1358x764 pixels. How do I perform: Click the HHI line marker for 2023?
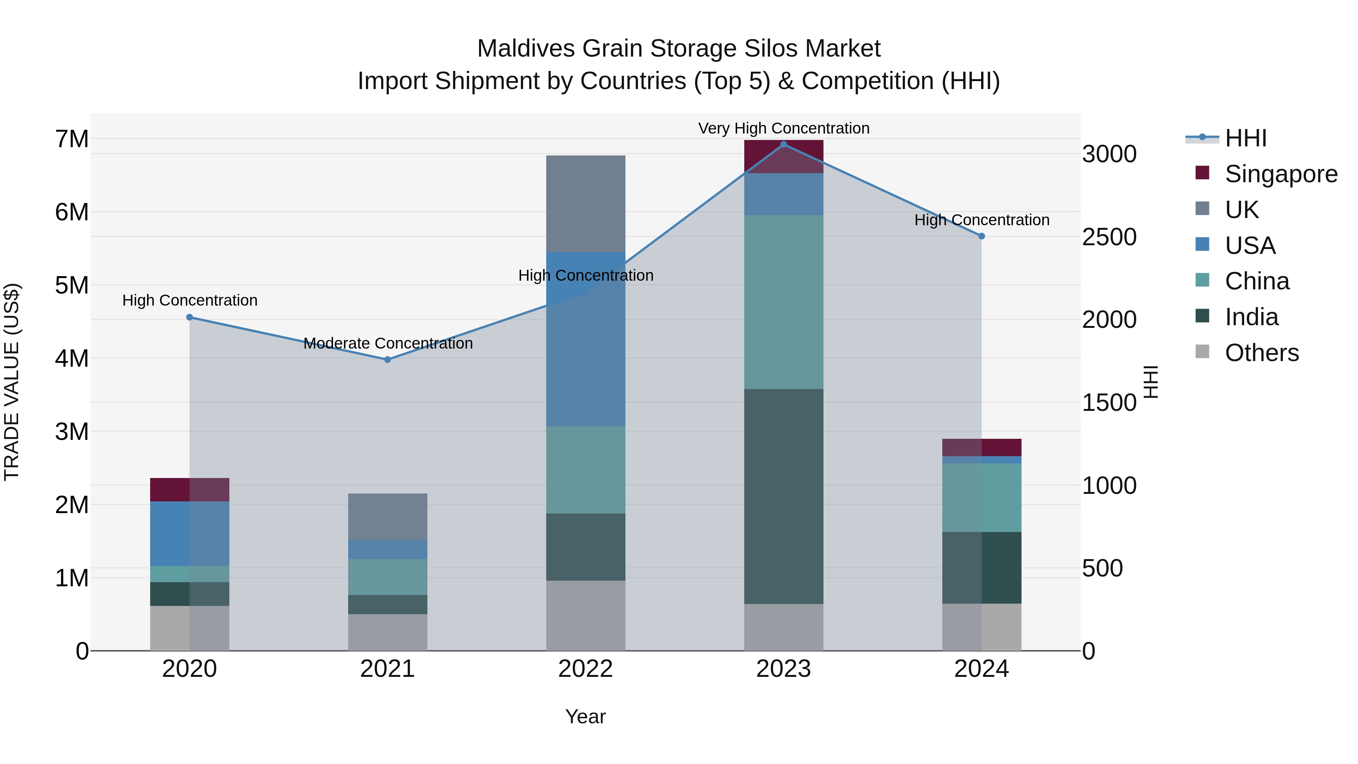point(783,144)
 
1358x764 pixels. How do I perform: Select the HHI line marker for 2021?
point(387,360)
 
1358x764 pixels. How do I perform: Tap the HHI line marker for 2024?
point(982,236)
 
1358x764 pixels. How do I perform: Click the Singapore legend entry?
point(1281,174)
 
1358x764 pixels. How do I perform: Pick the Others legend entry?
point(1261,353)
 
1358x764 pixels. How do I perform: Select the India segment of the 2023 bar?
point(783,496)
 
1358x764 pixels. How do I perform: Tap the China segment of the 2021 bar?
point(387,577)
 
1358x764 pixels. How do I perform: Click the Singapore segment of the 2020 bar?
point(190,489)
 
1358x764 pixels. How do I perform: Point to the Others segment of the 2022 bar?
point(586,615)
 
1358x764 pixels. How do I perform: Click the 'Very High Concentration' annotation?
point(783,128)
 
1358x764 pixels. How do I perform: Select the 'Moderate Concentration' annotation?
point(388,343)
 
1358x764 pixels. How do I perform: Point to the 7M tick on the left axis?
point(72,139)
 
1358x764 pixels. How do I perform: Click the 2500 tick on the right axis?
point(1109,237)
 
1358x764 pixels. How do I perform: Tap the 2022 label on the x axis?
point(586,669)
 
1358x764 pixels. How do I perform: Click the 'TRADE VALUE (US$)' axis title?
point(12,382)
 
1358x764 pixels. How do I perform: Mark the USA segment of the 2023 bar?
point(783,194)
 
